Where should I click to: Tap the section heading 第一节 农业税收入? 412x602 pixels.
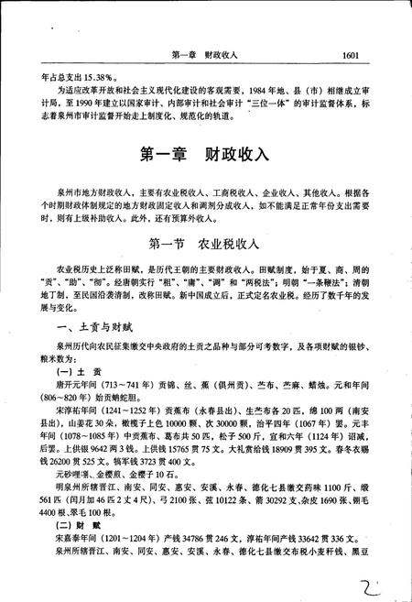click(x=205, y=245)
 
